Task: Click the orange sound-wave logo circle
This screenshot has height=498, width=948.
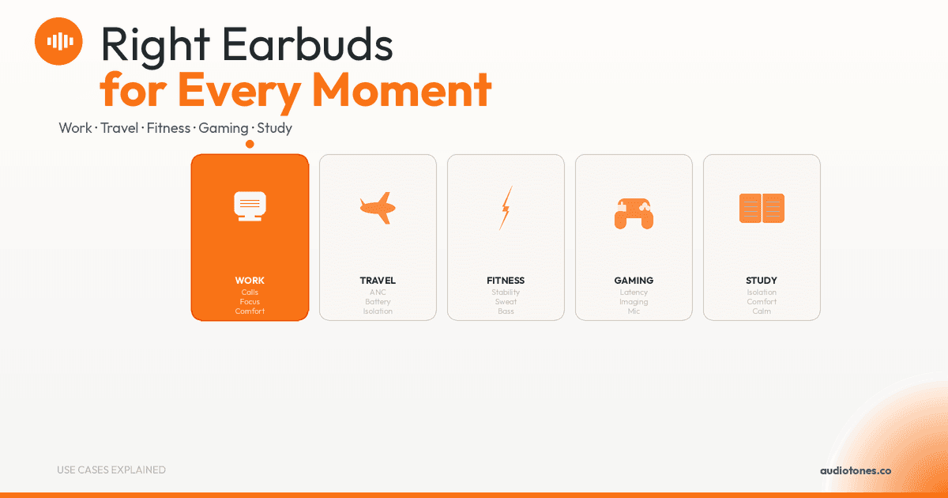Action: point(58,41)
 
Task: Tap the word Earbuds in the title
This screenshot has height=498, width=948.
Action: point(307,44)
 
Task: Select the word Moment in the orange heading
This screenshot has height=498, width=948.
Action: point(401,90)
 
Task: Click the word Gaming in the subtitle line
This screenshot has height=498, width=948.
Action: point(224,128)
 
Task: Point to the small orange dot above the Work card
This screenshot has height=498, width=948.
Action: point(250,145)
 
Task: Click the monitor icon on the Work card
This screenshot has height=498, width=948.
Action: point(250,206)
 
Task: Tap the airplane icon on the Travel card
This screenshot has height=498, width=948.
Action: point(378,208)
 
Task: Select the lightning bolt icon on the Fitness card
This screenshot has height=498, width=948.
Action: point(506,208)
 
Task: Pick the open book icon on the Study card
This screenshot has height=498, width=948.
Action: point(762,208)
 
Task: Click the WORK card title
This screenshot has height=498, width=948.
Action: point(250,281)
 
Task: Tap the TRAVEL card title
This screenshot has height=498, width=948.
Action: point(378,281)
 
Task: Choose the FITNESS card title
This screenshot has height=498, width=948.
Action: point(506,281)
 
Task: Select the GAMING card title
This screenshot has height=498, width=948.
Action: point(634,281)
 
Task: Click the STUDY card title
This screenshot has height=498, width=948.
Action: point(762,281)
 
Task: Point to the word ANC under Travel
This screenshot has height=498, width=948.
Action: point(378,292)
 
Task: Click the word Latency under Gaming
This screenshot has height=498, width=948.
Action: point(634,292)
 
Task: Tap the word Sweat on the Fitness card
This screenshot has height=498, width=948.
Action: point(506,301)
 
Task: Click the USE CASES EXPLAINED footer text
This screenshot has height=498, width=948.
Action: point(111,470)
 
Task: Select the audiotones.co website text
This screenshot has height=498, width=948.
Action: point(856,470)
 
